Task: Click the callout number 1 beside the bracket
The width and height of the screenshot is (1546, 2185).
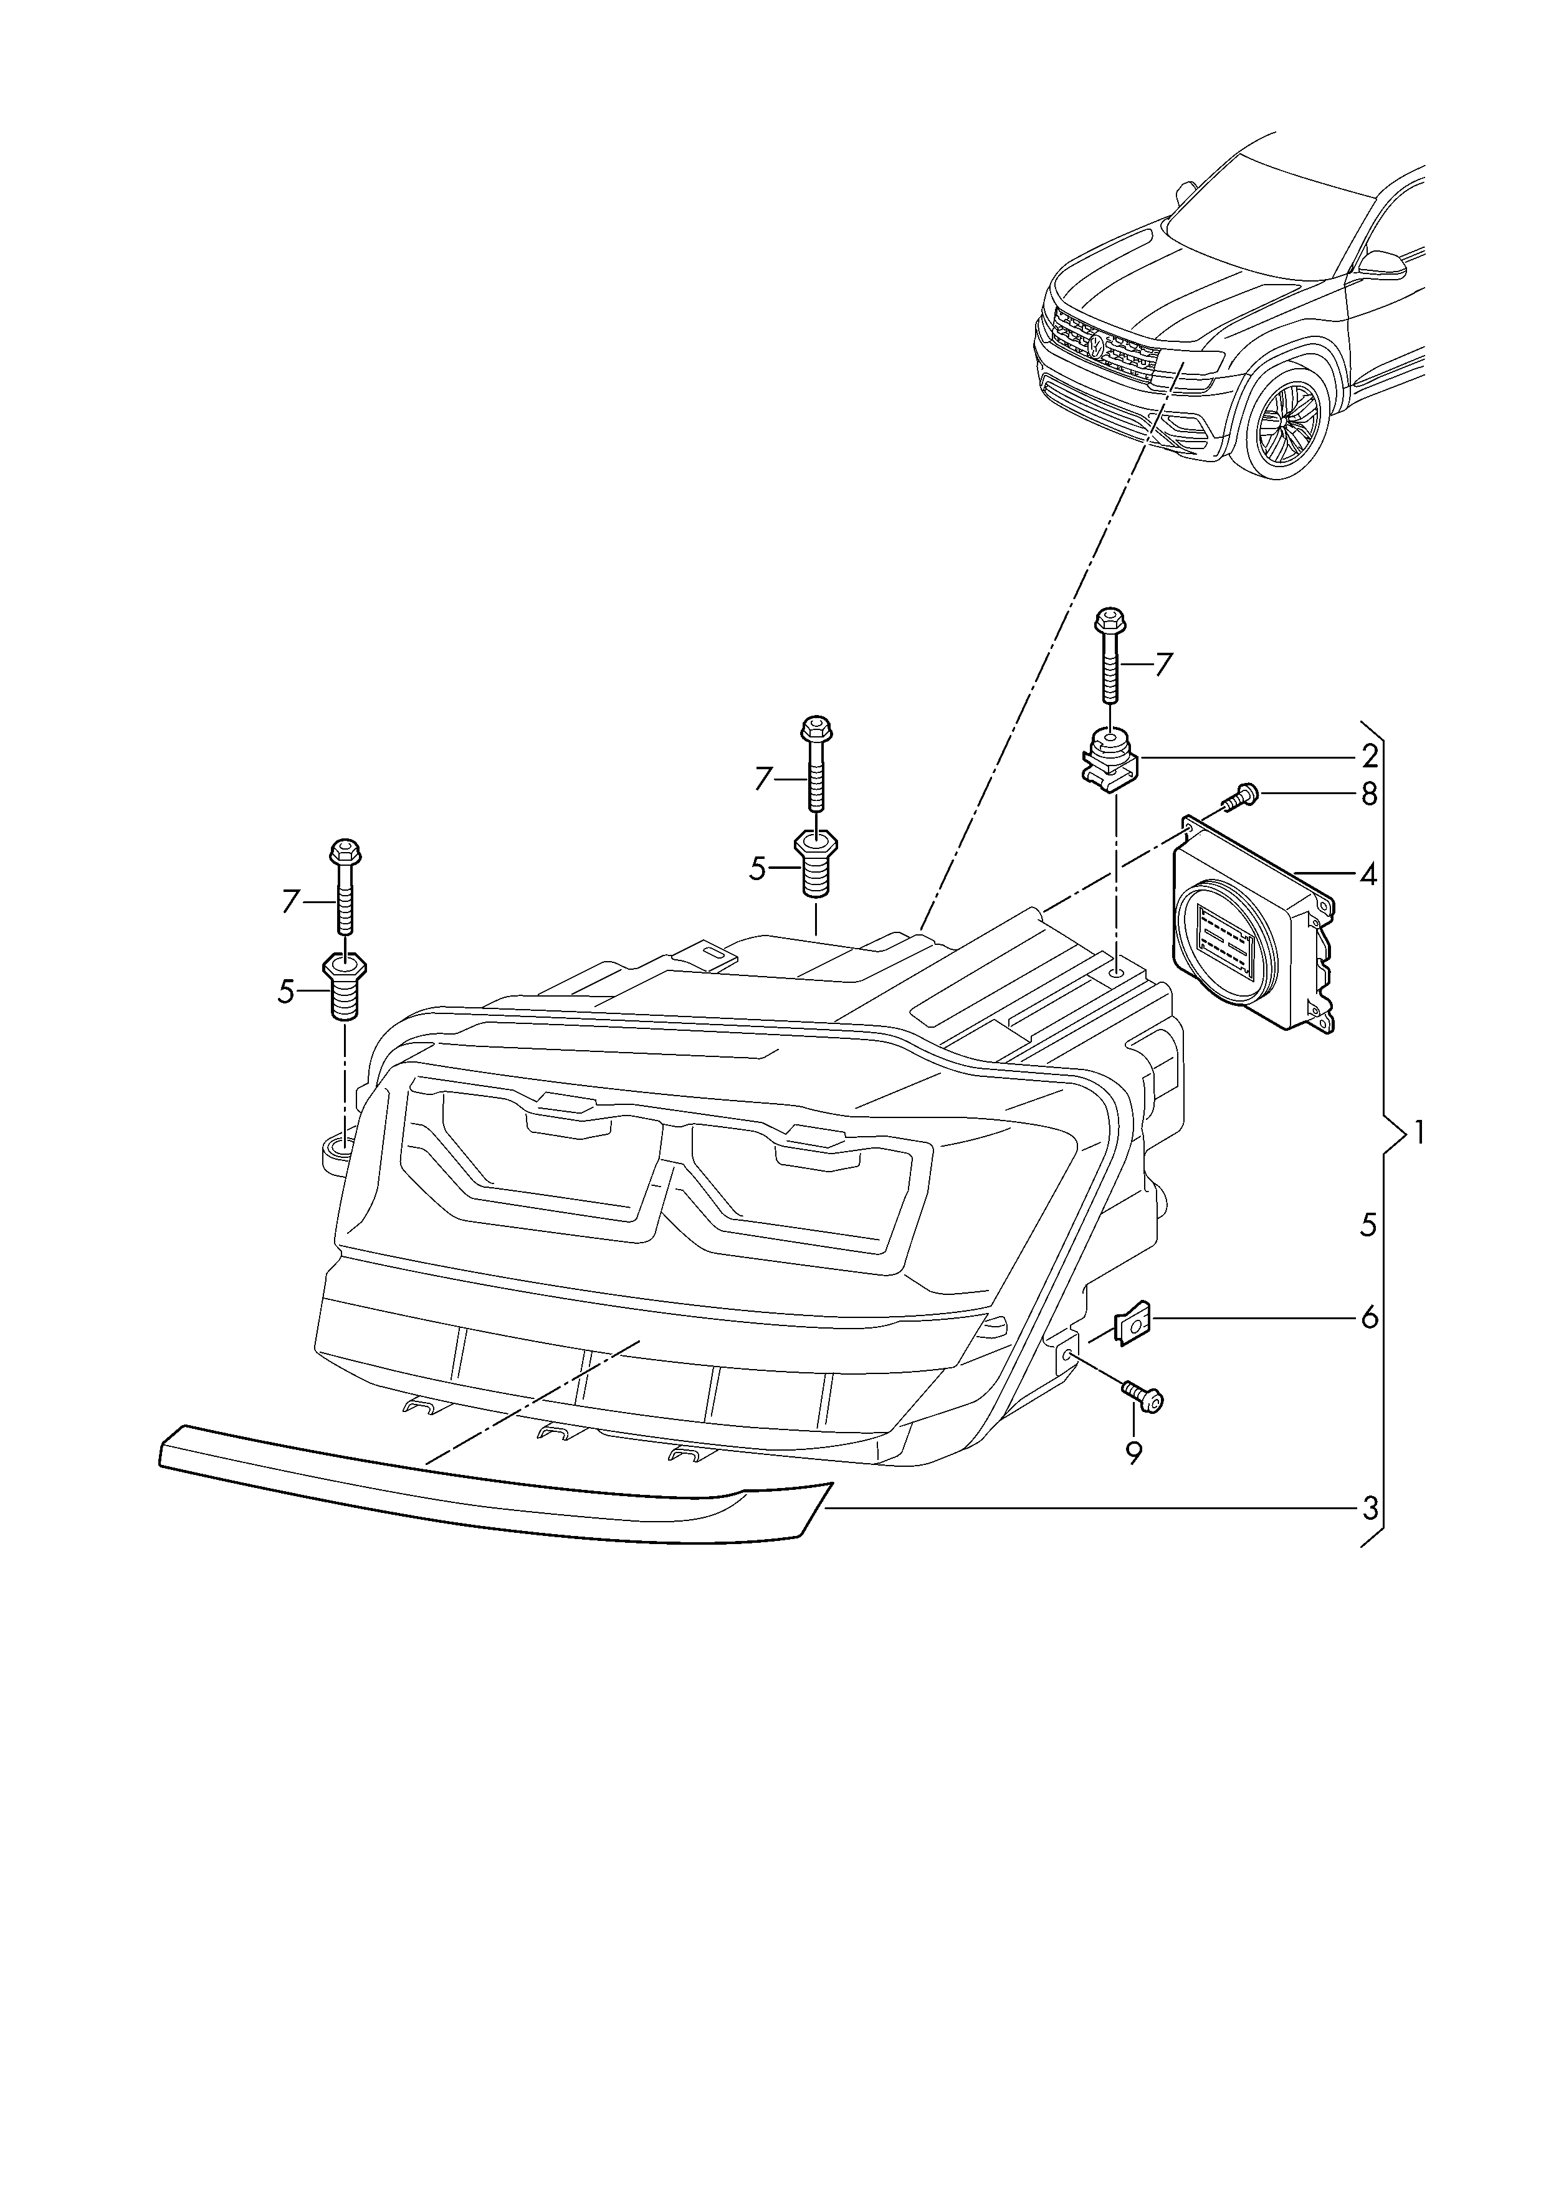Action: (x=1420, y=1134)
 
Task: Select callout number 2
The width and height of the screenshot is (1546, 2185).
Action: (x=1369, y=757)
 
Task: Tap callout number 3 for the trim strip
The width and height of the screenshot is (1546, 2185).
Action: (x=1369, y=1509)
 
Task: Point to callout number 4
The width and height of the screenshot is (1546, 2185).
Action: (x=1369, y=874)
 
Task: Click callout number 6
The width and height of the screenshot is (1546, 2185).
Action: (x=1369, y=1318)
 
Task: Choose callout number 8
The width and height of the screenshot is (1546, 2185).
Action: (x=1369, y=794)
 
